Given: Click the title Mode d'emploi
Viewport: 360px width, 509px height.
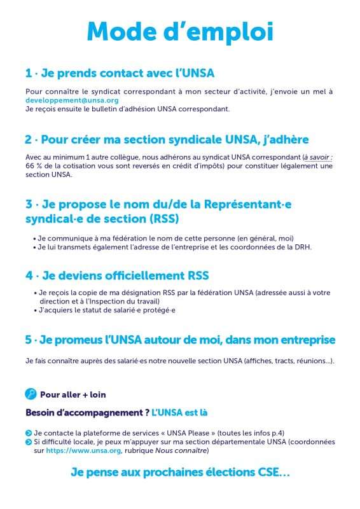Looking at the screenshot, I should tap(180, 31).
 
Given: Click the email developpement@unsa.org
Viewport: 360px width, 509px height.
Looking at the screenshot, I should tap(72, 101).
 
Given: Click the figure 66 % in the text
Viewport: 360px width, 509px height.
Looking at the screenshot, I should tap(34, 166).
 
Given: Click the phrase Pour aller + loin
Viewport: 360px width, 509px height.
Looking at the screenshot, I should tap(73, 394).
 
